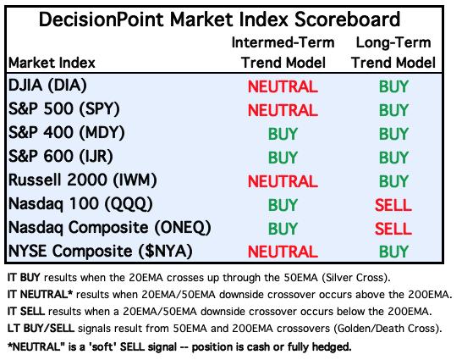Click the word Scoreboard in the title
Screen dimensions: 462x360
coord(347,19)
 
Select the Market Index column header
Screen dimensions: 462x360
coord(52,63)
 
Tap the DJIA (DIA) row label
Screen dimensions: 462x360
coord(47,86)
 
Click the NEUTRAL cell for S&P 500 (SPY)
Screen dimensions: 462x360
coord(283,110)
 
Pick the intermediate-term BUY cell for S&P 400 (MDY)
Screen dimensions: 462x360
coord(283,134)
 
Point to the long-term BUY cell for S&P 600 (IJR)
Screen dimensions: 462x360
coord(393,158)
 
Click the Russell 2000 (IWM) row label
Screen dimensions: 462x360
coord(83,180)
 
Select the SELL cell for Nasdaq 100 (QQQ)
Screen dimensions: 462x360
coord(393,205)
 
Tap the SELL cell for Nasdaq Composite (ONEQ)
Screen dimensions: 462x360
coord(393,229)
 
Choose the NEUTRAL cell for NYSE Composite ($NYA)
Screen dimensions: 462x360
coord(283,252)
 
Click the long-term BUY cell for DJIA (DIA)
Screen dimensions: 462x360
coord(393,86)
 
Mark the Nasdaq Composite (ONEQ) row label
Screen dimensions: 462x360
coord(110,228)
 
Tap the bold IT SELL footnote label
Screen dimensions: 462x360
coord(26,312)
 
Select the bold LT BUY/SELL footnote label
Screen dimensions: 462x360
coord(41,329)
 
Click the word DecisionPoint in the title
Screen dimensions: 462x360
coord(101,19)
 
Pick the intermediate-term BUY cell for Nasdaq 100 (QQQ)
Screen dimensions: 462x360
coord(283,205)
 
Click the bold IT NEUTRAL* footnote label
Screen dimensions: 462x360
coord(40,294)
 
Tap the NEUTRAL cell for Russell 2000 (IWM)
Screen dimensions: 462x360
coord(283,181)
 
